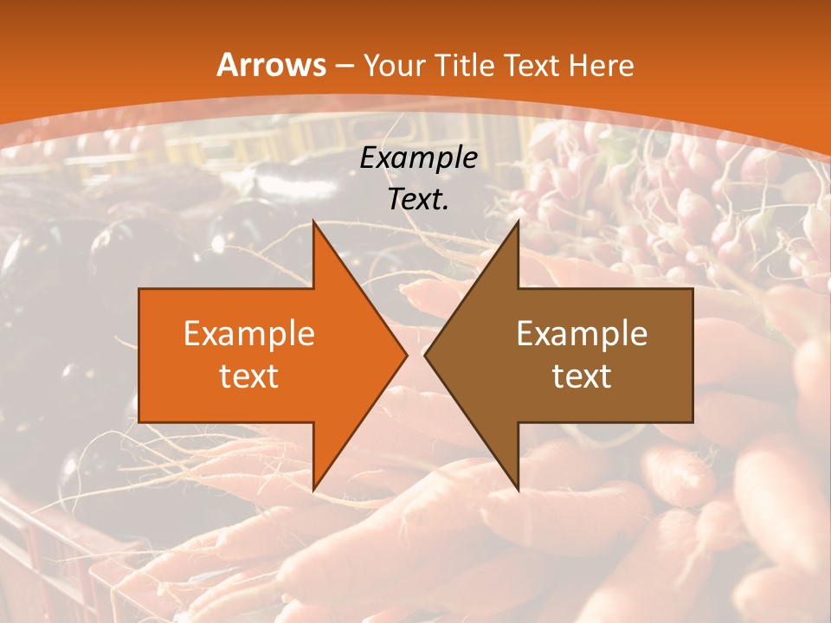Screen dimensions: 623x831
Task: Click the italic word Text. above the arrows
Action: pyautogui.click(x=418, y=199)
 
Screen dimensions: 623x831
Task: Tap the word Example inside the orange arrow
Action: pyautogui.click(x=249, y=333)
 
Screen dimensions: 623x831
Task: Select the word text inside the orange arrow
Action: pyautogui.click(x=249, y=376)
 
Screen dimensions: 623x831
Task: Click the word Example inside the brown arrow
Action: pyautogui.click(x=582, y=333)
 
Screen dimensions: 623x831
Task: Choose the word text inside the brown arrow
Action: pyautogui.click(x=582, y=376)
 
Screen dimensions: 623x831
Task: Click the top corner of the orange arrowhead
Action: pyautogui.click(x=314, y=222)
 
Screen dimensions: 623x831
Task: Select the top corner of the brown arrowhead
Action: pyautogui.click(x=518, y=222)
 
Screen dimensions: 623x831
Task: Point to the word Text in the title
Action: pyautogui.click(x=532, y=66)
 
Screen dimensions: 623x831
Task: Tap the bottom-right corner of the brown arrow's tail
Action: pyautogui.click(x=692, y=421)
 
